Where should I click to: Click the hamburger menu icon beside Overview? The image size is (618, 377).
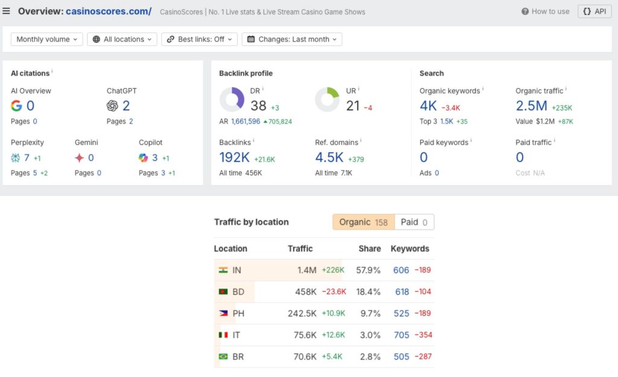click(x=7, y=11)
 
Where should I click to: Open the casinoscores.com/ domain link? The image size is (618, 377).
click(x=109, y=11)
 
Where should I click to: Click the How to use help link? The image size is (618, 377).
click(x=546, y=11)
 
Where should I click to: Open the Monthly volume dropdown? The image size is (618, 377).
click(x=47, y=39)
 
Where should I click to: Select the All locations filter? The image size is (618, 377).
click(x=122, y=39)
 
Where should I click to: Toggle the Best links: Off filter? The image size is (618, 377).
click(x=199, y=39)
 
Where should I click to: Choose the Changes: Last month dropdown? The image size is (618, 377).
click(x=292, y=39)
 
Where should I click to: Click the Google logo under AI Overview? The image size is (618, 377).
click(x=16, y=106)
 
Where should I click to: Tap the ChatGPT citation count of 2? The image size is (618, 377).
click(x=126, y=106)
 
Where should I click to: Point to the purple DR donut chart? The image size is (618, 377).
click(x=232, y=99)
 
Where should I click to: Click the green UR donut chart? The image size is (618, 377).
click(x=327, y=99)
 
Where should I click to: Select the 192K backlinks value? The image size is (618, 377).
click(x=235, y=158)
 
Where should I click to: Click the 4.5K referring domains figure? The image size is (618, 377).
click(x=329, y=158)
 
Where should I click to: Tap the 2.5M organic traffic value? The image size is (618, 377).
click(x=531, y=106)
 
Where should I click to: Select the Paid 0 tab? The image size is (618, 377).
click(x=414, y=222)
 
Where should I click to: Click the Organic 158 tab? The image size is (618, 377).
click(x=363, y=222)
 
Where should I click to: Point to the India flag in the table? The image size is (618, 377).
click(x=223, y=270)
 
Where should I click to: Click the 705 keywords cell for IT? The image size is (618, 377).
click(x=401, y=335)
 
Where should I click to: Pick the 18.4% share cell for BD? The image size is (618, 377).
click(x=368, y=292)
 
